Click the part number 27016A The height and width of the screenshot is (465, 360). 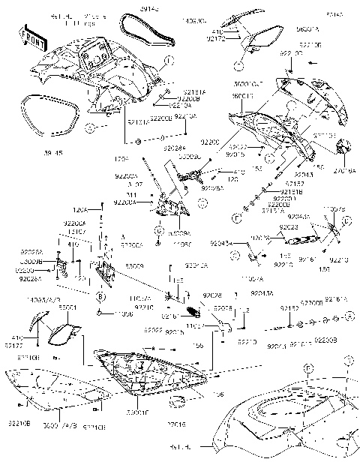pos(344,170)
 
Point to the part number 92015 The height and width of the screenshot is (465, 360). pos(236,154)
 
